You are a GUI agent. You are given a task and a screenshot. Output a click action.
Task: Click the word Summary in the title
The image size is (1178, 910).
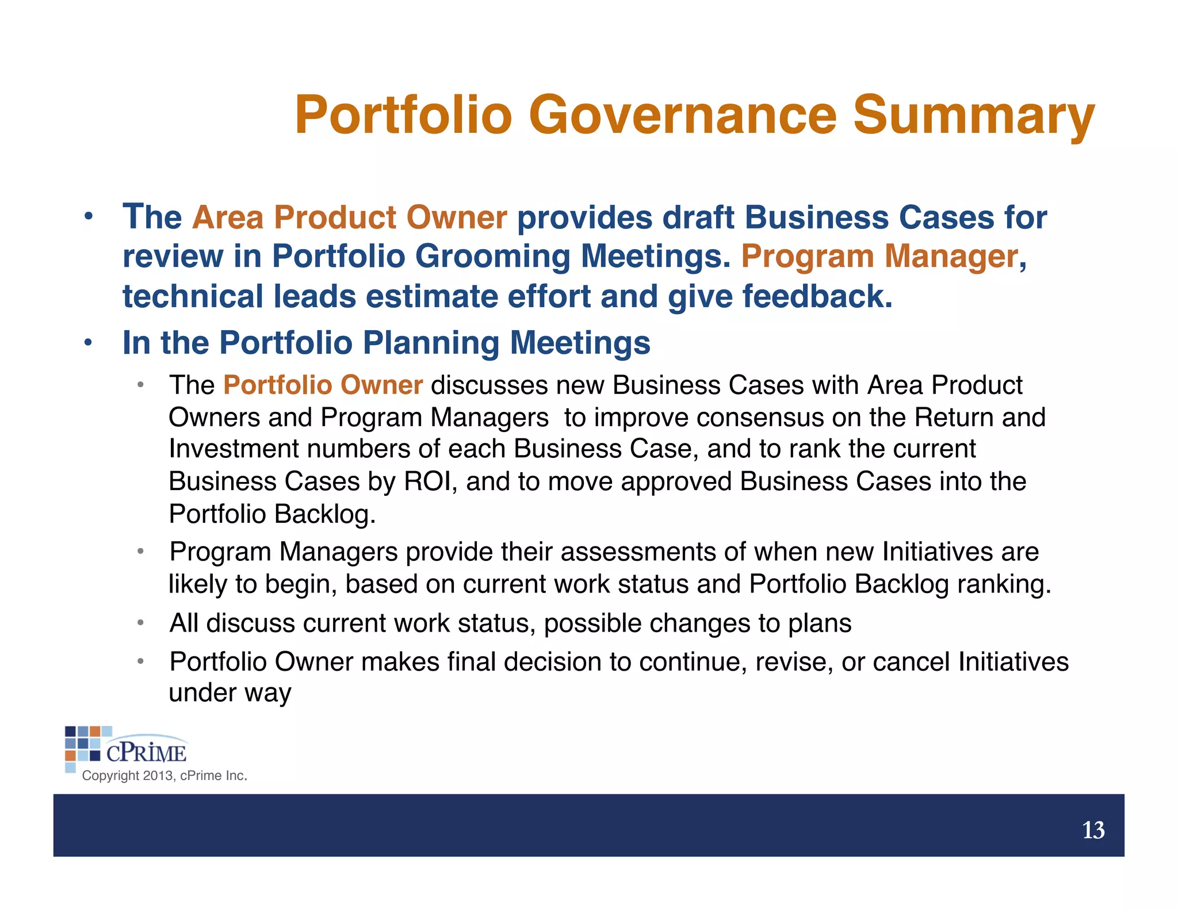(973, 115)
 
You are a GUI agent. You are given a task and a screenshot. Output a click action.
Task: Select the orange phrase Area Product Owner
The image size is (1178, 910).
(349, 218)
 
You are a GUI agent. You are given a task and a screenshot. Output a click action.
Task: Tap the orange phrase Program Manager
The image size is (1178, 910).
(879, 257)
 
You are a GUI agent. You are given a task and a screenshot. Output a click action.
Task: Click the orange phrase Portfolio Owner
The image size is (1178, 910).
(323, 385)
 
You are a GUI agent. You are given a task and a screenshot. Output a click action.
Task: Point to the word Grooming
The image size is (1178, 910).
(492, 257)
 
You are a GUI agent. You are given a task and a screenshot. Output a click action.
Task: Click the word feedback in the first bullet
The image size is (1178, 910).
(817, 297)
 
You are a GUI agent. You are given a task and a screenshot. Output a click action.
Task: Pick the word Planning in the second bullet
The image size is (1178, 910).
(431, 343)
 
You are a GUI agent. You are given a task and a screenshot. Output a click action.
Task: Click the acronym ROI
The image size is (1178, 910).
(427, 482)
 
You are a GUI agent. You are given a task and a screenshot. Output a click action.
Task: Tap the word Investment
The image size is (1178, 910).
(234, 449)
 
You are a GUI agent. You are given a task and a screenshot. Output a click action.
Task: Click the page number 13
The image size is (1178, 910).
(1093, 831)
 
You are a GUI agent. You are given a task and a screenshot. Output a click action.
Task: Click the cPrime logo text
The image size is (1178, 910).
(146, 752)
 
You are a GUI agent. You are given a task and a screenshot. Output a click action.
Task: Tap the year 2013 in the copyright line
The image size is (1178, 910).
(158, 776)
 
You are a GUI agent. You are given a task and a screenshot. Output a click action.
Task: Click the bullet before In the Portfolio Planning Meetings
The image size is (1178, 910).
(87, 343)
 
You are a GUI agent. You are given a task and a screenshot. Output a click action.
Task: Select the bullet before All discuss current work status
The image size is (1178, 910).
(140, 623)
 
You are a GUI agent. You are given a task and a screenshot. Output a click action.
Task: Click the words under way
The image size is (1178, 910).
(230, 693)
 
